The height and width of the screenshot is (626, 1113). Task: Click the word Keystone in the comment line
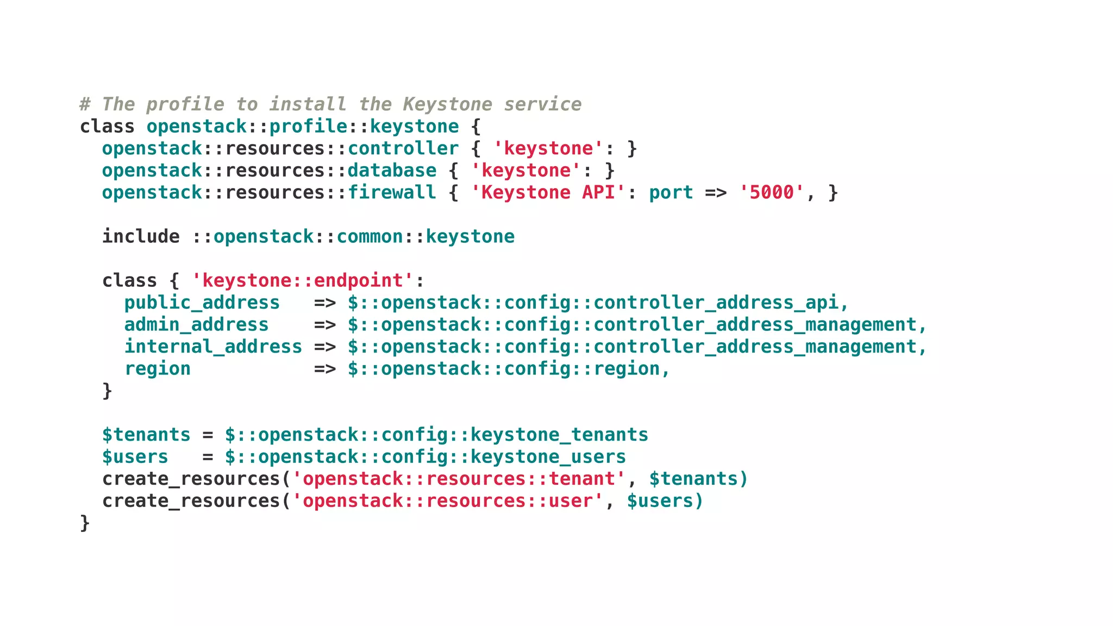pyautogui.click(x=447, y=104)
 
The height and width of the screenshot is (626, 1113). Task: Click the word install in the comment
pyautogui.click(x=308, y=104)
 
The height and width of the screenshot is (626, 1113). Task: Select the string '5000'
pyautogui.click(x=772, y=192)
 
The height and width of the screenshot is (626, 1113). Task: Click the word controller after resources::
pyautogui.click(x=403, y=148)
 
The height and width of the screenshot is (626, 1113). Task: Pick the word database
pyautogui.click(x=391, y=171)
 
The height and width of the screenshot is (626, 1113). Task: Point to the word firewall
pyautogui.click(x=391, y=192)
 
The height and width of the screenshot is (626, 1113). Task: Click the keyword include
pyautogui.click(x=141, y=236)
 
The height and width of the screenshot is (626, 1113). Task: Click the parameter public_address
pyautogui.click(x=202, y=303)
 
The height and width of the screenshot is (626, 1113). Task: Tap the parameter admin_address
pyautogui.click(x=196, y=325)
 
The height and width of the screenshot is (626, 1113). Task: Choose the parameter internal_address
pyautogui.click(x=213, y=347)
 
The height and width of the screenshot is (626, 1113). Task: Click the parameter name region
pyautogui.click(x=158, y=369)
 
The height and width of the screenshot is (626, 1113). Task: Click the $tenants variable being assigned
pyautogui.click(x=146, y=435)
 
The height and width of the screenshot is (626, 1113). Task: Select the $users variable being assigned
pyautogui.click(x=135, y=457)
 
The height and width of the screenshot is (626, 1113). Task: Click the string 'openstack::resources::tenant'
pyautogui.click(x=459, y=479)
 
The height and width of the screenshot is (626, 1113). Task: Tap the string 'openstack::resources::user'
pyautogui.click(x=448, y=501)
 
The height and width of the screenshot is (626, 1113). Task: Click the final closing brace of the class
pyautogui.click(x=85, y=523)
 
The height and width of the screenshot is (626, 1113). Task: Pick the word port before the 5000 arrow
pyautogui.click(x=671, y=192)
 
